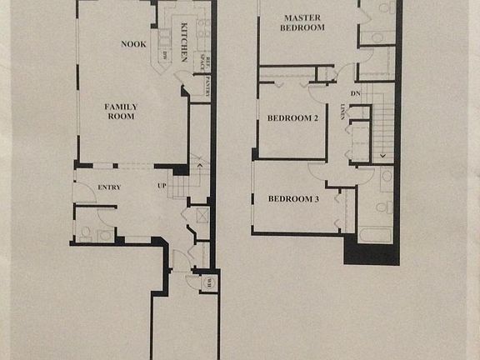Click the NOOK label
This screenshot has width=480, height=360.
pyautogui.click(x=133, y=44)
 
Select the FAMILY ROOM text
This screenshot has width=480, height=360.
pyautogui.click(x=121, y=112)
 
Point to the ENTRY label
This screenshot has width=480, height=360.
pyautogui.click(x=109, y=187)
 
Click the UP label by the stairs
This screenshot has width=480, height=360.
pyautogui.click(x=162, y=187)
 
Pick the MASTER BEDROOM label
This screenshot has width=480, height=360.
pyautogui.click(x=302, y=22)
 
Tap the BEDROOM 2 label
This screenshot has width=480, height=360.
pyautogui.click(x=292, y=118)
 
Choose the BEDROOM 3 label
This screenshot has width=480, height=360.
pyautogui.click(x=292, y=198)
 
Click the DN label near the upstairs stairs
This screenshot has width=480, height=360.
pyautogui.click(x=355, y=93)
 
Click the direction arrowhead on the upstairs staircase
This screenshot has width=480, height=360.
pyautogui.click(x=382, y=156)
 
